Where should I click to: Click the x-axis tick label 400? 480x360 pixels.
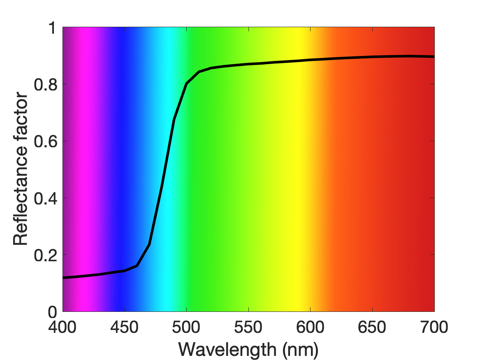click(x=63, y=327)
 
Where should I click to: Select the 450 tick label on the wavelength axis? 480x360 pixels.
click(x=124, y=327)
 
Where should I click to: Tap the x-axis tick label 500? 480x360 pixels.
click(x=186, y=327)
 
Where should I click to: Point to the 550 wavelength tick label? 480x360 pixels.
click(x=248, y=327)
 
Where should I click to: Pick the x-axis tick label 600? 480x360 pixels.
click(x=310, y=327)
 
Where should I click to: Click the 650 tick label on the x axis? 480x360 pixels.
click(x=372, y=327)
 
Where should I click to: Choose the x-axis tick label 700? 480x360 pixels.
click(x=434, y=327)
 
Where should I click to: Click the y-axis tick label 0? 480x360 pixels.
click(x=52, y=312)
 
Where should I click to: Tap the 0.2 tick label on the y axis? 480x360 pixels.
click(x=46, y=255)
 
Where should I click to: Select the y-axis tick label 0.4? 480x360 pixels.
click(x=46, y=198)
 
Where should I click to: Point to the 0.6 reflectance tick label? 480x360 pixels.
click(x=46, y=141)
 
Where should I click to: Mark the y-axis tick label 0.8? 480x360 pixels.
click(x=46, y=84)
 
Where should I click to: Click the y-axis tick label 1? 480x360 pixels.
click(x=53, y=28)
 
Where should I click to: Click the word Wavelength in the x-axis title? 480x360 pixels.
click(x=227, y=350)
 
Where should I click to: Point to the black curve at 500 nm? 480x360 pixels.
click(x=186, y=84)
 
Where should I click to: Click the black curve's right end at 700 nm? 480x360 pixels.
click(x=434, y=57)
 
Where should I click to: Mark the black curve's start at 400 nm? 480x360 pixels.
click(x=63, y=278)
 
